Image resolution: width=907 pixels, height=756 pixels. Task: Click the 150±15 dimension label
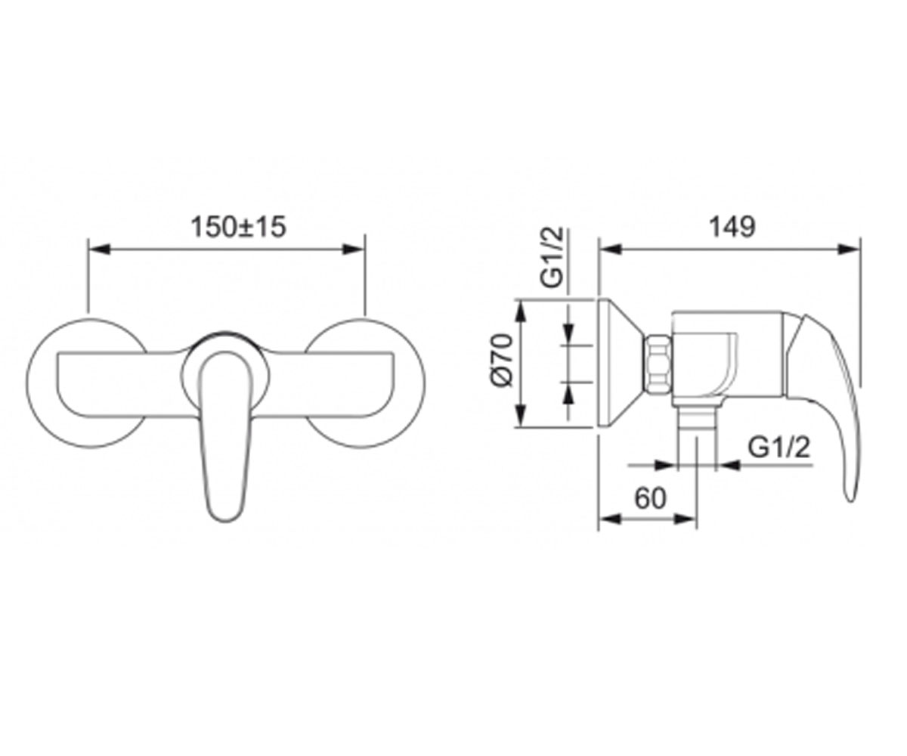(239, 227)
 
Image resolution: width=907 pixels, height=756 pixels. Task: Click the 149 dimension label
(732, 227)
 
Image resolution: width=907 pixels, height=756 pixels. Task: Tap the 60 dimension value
(650, 498)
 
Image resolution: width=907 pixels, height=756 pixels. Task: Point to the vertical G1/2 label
(552, 257)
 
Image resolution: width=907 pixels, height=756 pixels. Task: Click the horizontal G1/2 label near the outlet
(779, 447)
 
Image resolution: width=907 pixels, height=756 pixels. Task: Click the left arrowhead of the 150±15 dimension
(99, 249)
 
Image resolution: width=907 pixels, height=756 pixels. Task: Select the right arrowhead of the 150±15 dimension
(353, 249)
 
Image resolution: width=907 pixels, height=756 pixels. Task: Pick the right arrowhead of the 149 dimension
(848, 249)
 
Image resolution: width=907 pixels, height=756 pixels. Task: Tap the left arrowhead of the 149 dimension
(610, 249)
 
